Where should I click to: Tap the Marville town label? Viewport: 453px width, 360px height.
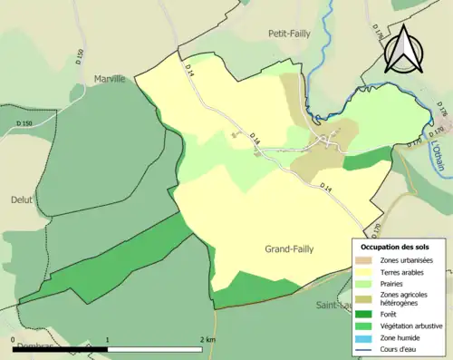coord(111,79)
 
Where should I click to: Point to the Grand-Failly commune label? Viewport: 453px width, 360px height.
coord(289,249)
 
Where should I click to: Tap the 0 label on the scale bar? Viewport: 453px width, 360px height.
coord(14,340)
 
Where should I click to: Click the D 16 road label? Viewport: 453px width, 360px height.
coord(255,141)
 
